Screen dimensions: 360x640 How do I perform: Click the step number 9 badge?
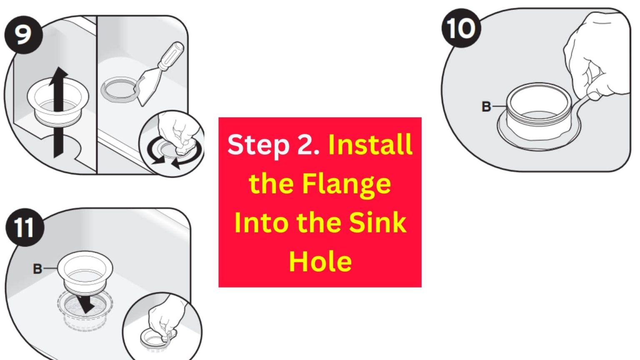pos(23,35)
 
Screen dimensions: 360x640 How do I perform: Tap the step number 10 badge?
pos(461,28)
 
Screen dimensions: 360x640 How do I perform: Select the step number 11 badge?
pos(24,227)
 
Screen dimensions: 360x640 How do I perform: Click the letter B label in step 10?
pos(486,107)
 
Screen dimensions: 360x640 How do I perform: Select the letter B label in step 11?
pos(37,269)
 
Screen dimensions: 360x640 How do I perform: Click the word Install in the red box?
pos(370,145)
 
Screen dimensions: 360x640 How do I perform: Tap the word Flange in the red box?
pos(346,183)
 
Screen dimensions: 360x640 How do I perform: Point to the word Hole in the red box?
pos(320,261)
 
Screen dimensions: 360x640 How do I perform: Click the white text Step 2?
pos(273,145)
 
